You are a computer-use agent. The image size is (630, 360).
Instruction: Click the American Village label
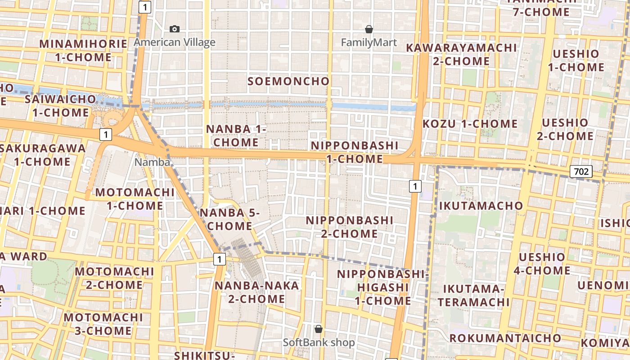point(175,42)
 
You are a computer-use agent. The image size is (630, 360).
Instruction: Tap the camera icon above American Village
point(175,29)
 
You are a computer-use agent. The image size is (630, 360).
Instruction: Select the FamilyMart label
point(369,43)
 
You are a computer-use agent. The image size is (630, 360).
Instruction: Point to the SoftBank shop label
point(319,342)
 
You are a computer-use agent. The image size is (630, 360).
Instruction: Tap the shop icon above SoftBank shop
point(319,329)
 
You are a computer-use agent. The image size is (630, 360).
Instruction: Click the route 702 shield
point(581,171)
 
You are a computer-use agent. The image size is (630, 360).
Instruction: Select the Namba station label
point(153,162)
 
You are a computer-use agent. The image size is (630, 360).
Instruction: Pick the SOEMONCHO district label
point(288,81)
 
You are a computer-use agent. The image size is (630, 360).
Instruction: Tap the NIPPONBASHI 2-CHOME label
point(350,227)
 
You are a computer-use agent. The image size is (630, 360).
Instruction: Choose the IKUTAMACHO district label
point(481,206)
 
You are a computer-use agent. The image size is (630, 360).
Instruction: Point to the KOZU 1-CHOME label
point(470,124)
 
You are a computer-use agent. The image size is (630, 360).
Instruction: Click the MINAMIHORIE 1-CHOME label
point(84,50)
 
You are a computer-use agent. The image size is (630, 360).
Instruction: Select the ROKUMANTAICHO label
point(505,338)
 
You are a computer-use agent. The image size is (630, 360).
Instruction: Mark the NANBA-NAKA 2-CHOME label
point(256,292)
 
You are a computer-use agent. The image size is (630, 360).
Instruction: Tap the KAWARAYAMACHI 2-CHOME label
point(461,54)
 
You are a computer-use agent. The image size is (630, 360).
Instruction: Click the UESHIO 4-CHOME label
point(542,264)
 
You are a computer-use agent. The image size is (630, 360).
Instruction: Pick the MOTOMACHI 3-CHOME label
point(103,324)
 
